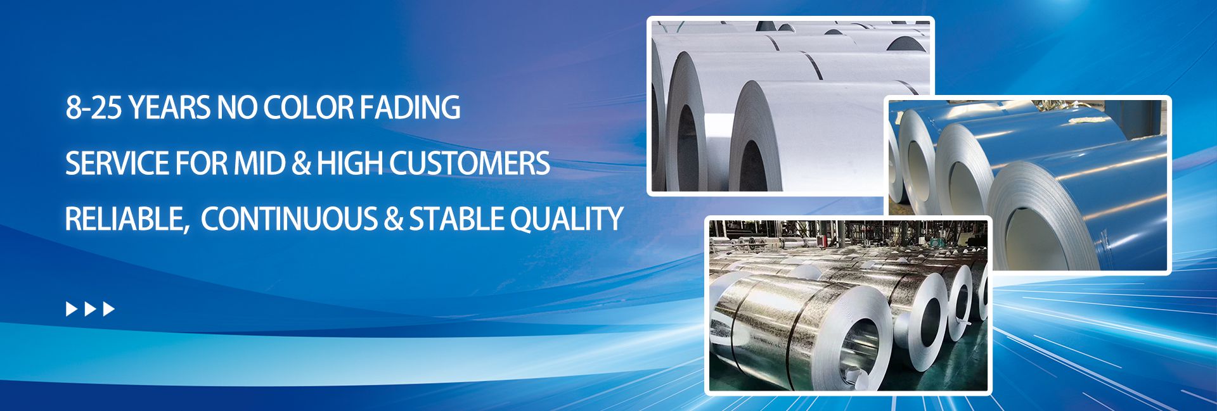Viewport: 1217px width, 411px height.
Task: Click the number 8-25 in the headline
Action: point(94,108)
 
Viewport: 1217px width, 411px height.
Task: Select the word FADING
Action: point(410,108)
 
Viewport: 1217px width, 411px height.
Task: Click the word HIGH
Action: point(349,163)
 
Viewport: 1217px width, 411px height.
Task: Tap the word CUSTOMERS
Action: point(469,163)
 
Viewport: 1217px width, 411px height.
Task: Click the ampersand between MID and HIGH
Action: point(302,164)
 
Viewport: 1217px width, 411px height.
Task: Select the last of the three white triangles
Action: point(109,309)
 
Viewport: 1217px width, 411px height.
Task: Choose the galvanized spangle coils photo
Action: point(848,305)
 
